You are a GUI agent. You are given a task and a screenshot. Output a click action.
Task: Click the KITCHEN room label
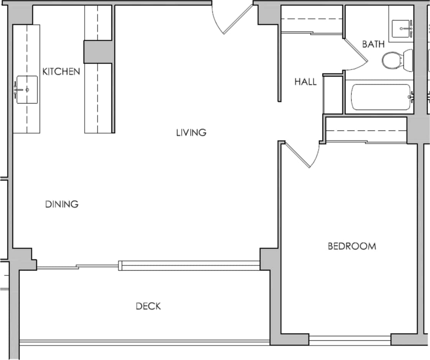tap(61, 71)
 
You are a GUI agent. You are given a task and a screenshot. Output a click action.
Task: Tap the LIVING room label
tap(191, 133)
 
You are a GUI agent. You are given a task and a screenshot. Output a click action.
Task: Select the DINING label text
tap(62, 204)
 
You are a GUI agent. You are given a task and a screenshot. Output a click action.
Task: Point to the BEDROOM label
tap(352, 246)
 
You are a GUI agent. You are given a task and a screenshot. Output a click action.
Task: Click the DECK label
tap(148, 306)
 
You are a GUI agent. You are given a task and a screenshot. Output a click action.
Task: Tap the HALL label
tap(305, 82)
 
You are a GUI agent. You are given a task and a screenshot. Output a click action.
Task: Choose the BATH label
tap(373, 44)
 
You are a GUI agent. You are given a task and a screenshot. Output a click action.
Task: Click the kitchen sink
tap(26, 90)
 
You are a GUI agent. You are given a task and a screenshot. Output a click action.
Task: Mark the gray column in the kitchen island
tap(98, 52)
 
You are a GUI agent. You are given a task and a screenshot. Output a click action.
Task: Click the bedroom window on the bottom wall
tap(350, 339)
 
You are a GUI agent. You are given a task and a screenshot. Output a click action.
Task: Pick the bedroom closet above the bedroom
tap(366, 130)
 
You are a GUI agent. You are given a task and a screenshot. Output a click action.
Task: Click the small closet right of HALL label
tap(333, 95)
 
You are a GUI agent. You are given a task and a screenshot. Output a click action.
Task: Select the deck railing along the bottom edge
tap(145, 342)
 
